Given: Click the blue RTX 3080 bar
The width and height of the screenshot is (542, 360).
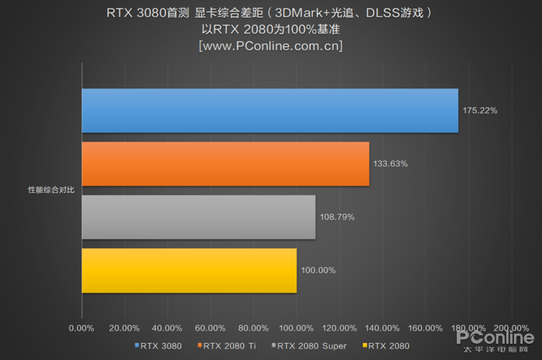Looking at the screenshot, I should [x=269, y=111].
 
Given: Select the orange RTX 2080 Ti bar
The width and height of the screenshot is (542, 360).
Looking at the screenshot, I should [x=225, y=164].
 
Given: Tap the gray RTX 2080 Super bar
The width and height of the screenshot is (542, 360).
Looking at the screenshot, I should [x=198, y=217].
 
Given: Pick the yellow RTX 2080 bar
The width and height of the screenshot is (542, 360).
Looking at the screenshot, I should [x=189, y=270].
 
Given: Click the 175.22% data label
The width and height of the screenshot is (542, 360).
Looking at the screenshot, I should [x=480, y=111].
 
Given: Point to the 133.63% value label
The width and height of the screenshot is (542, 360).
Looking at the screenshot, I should [x=391, y=164].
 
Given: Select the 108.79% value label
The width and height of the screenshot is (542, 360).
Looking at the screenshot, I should [x=337, y=217].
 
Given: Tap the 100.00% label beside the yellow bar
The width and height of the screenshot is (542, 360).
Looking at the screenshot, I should [x=318, y=270].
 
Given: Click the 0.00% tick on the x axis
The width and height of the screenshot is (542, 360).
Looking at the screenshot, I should [x=81, y=327].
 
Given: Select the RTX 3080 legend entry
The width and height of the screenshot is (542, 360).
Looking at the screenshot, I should [x=160, y=345].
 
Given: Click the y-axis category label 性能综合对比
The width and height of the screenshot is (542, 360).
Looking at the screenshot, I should [x=51, y=190].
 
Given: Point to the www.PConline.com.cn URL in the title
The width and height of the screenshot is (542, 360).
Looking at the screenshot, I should [x=271, y=46].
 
